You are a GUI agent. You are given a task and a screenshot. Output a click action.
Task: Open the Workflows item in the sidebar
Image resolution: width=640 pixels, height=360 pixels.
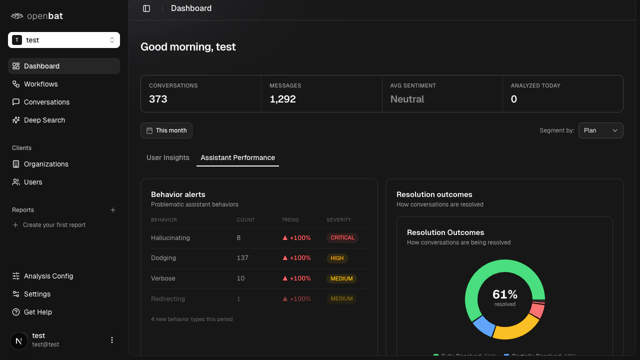tap(40, 84)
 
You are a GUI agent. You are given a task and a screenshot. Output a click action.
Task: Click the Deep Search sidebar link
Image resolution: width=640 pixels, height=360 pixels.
tap(44, 120)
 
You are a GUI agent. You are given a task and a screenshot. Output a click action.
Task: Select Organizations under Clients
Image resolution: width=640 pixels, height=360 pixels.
tap(45, 164)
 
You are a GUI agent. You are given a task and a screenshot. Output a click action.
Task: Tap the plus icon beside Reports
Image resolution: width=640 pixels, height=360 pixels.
tap(113, 210)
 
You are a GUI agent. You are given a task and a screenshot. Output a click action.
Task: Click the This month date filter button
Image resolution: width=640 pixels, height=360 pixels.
tap(166, 130)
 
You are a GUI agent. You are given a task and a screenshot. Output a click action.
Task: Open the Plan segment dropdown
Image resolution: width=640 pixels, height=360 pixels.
tap(600, 130)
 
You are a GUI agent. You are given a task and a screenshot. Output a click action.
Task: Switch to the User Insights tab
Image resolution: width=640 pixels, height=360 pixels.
tap(168, 157)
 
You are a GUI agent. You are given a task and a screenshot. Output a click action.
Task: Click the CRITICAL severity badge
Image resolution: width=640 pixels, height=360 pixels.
tap(342, 238)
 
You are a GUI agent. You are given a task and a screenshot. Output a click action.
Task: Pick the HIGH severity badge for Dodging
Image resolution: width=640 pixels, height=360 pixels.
tap(337, 258)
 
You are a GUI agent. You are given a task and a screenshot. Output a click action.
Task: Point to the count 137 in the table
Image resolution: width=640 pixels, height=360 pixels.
tap(242, 258)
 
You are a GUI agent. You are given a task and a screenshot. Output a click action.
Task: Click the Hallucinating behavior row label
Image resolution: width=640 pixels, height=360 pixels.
tap(170, 238)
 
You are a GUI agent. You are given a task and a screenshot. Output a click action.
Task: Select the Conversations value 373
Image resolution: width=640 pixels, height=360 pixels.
tap(158, 99)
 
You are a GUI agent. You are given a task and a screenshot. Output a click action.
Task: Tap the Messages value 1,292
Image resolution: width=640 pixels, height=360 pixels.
tap(282, 99)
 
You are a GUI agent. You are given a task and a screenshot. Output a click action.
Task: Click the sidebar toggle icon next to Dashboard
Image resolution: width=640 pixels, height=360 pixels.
tap(146, 8)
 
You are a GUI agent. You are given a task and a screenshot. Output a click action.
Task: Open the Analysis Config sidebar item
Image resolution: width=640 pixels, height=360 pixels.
tap(48, 276)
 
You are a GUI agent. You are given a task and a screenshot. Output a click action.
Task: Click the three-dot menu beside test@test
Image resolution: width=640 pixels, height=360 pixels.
tap(112, 340)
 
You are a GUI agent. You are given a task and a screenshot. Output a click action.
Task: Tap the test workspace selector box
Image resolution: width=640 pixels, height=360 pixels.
tap(64, 40)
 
